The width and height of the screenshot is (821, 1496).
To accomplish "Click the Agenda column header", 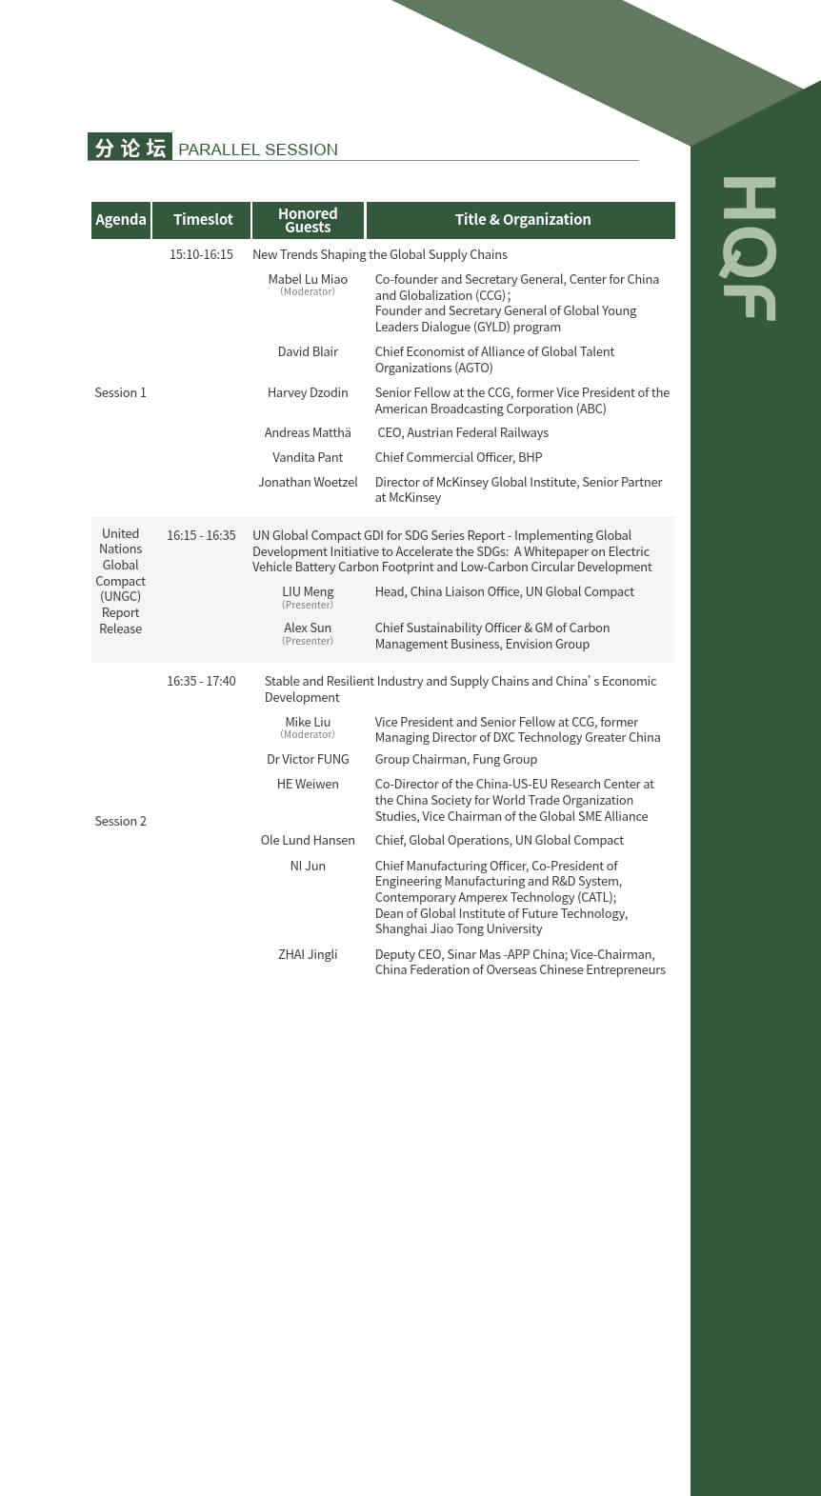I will point(121,220).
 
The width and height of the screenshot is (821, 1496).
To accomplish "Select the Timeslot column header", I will point(203,220).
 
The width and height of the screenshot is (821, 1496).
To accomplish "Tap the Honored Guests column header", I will point(308,220).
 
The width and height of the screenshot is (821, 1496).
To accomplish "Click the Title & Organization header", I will point(522,220).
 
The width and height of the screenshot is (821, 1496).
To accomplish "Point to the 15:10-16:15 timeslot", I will point(201,255).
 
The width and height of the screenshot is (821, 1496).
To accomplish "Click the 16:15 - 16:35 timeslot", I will point(201,536).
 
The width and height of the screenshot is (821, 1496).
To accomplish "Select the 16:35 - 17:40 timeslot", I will point(201,682).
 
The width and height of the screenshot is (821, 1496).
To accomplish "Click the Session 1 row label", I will point(120,393).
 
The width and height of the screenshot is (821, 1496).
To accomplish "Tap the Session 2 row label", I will point(120,822).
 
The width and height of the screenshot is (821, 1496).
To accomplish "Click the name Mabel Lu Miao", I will point(308,280).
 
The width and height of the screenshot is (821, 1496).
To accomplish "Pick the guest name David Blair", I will point(308,352).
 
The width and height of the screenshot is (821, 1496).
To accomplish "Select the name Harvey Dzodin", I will point(308,393).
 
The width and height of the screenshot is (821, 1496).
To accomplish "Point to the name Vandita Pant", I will point(308,458).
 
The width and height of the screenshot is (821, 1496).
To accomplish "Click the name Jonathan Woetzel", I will point(308,483).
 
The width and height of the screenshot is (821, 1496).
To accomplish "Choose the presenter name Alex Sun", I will point(308,628).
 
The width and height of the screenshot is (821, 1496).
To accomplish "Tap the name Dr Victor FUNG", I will point(308,760).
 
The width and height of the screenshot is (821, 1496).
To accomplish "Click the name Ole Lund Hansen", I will point(308,841).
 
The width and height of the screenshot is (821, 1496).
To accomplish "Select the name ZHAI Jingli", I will point(308,955).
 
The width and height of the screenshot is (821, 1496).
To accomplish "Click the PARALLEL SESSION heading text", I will point(258,150).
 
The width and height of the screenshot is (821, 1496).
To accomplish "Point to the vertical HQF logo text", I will point(749,249).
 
